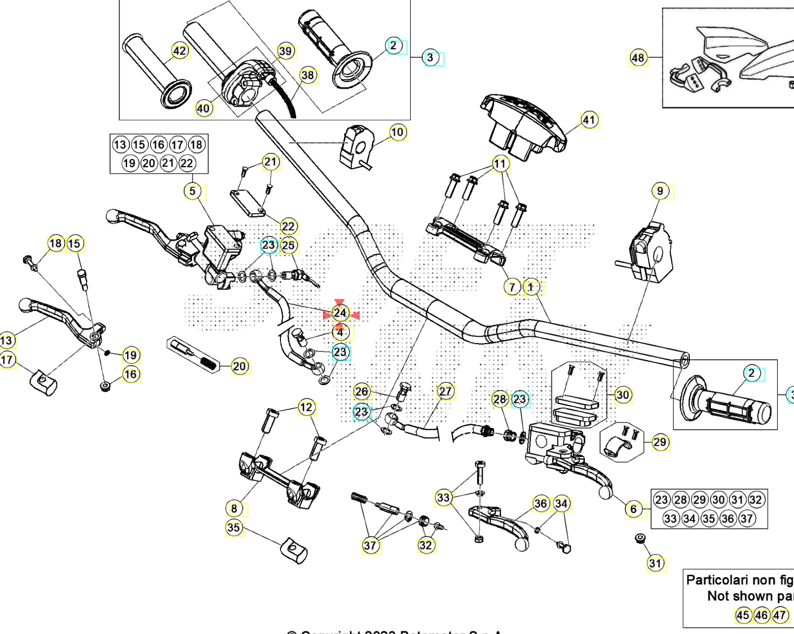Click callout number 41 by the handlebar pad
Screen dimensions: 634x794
[589, 120]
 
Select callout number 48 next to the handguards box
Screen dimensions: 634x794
[638, 58]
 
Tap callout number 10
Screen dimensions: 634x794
[397, 133]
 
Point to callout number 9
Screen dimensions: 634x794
[660, 191]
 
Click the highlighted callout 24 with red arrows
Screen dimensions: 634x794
[340, 313]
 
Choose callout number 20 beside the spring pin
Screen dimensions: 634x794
[239, 367]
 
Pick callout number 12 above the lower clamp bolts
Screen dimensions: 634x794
[306, 408]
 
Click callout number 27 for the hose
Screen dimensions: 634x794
[445, 392]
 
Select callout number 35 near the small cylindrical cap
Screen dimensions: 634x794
[234, 528]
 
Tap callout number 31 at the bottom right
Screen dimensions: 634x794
[655, 563]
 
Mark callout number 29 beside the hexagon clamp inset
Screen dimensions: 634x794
[660, 442]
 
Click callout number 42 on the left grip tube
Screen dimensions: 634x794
[179, 51]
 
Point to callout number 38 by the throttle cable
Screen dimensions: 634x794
[308, 75]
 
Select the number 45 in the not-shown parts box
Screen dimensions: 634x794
[743, 615]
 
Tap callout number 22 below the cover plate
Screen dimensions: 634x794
[288, 226]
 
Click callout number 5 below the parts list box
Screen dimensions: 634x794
[193, 191]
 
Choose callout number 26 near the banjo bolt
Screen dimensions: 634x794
[362, 392]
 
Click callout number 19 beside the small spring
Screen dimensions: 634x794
[130, 355]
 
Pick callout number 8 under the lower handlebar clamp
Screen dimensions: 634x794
[234, 509]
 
